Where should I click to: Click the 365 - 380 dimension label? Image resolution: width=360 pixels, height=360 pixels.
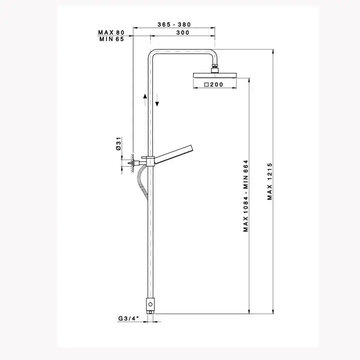coord(174,25)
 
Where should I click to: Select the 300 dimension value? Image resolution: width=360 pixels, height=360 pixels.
coord(183,32)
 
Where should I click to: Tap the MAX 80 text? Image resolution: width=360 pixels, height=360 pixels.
coord(111,32)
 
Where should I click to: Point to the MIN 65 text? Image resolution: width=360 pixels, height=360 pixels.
coord(112,39)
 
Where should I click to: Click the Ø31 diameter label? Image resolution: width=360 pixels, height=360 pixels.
coord(118,143)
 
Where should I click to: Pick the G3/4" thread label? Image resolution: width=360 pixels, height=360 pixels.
coord(129,318)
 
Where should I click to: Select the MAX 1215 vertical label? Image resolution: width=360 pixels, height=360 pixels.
coord(270,182)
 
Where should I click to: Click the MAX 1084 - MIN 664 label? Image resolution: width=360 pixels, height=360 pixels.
coord(246,196)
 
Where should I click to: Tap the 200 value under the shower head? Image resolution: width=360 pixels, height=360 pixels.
coord(217,84)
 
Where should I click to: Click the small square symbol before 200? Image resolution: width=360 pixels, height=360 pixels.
coord(206,84)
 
